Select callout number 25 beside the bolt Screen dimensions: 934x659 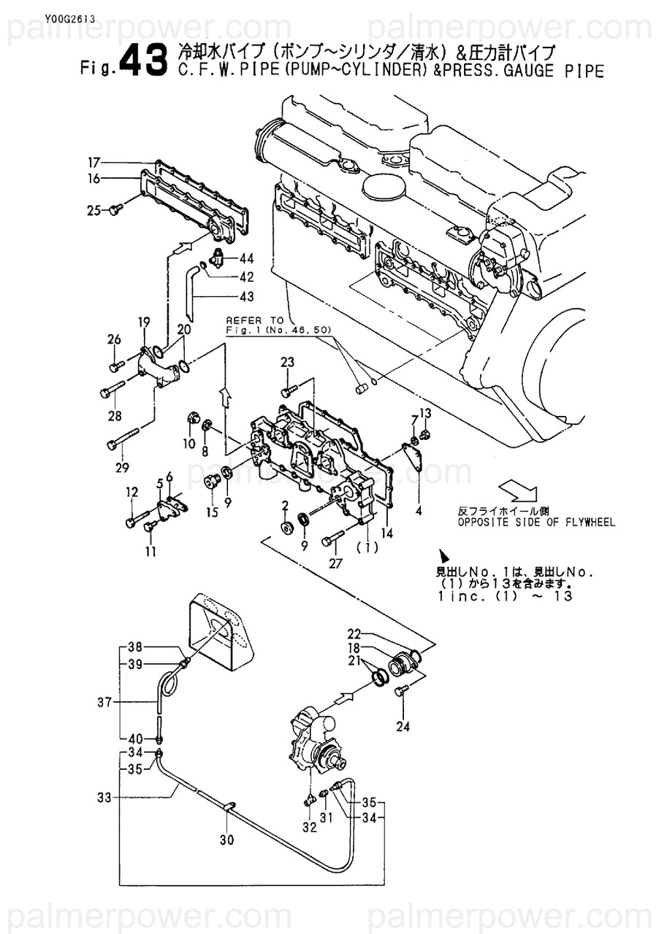coord(94,211)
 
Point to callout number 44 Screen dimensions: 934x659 coord(246,259)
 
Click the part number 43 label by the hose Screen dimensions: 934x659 coord(246,296)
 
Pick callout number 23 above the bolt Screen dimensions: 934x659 coord(287,362)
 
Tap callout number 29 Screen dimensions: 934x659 coord(121,468)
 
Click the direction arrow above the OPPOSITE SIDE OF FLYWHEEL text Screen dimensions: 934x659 coord(516,488)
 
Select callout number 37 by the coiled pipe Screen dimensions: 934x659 coord(104,703)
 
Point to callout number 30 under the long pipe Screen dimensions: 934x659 coord(226,840)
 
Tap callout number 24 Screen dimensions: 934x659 coord(403,726)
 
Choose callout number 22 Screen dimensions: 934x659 coord(354,633)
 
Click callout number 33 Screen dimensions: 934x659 coord(104,798)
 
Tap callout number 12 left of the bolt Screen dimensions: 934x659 coord(132,493)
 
